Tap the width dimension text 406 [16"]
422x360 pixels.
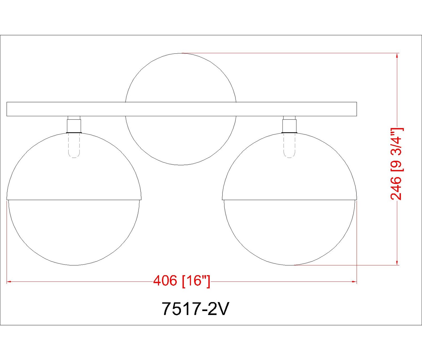click(181, 282)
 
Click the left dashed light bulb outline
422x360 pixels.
click(74, 145)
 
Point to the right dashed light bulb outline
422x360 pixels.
click(289, 145)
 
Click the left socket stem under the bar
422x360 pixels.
click(74, 124)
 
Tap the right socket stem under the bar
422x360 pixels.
click(289, 124)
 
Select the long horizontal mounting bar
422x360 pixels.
click(182, 109)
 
